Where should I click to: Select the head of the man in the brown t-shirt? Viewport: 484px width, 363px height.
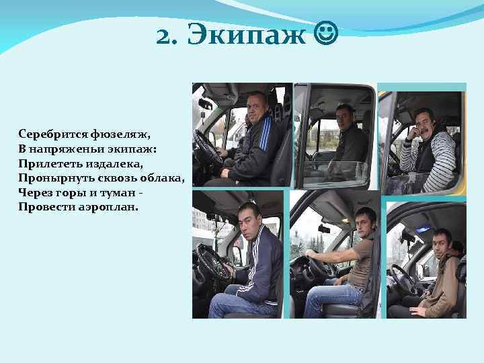(x=366, y=221)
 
